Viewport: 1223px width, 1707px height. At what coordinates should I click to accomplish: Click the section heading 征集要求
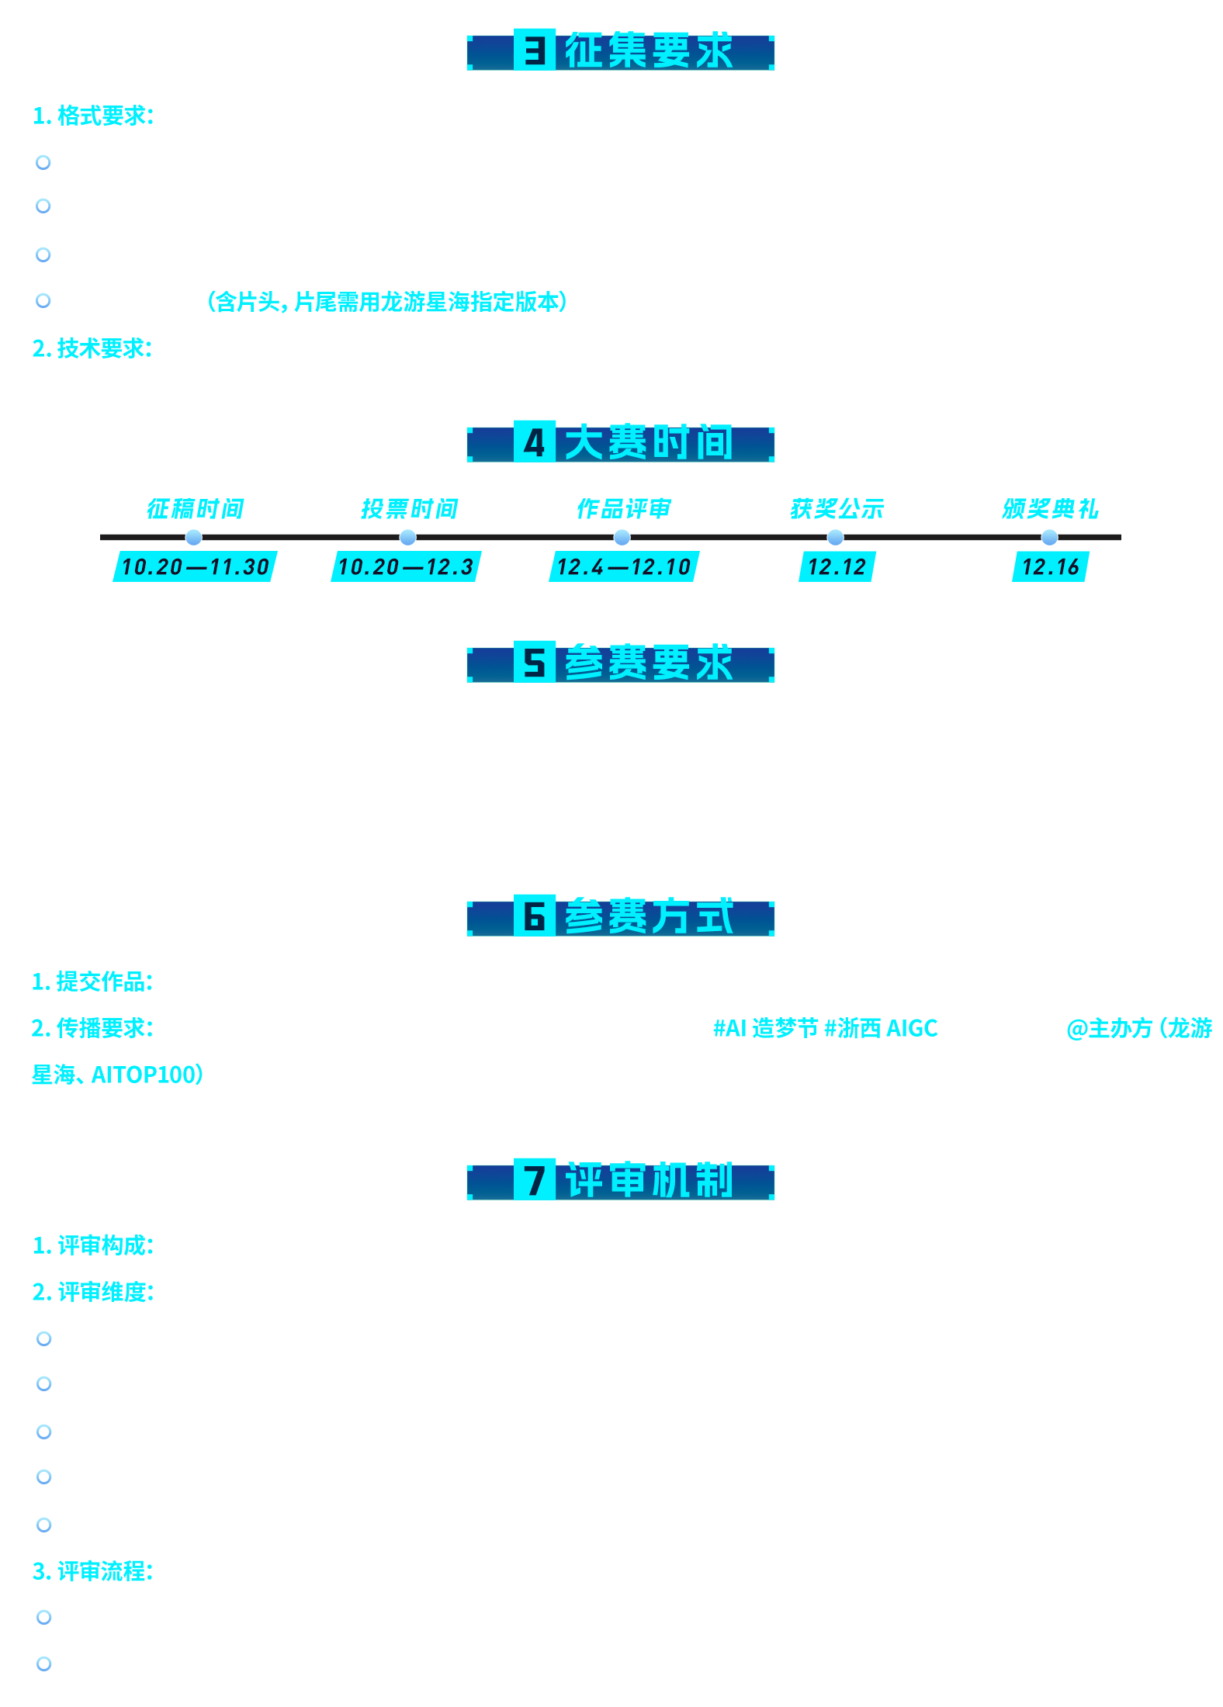point(648,51)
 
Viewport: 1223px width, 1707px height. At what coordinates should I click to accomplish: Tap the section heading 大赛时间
point(648,443)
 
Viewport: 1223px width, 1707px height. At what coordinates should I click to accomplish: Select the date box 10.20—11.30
point(195,566)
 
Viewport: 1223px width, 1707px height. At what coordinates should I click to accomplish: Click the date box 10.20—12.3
point(405,566)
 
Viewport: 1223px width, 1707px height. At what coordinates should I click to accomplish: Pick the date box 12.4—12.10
point(623,566)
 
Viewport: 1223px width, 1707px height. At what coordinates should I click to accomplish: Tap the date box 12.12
point(837,566)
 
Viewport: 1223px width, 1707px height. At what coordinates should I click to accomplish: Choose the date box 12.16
point(1050,566)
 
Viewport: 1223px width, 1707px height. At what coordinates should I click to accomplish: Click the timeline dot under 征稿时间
point(194,537)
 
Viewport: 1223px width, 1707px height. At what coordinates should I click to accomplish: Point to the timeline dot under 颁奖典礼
point(1049,537)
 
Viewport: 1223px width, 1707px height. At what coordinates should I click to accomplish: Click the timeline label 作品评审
point(623,509)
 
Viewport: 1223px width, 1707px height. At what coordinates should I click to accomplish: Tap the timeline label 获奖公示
point(837,509)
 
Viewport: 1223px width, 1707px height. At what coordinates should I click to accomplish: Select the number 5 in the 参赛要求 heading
point(534,663)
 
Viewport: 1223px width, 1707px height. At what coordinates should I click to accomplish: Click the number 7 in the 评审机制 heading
point(534,1181)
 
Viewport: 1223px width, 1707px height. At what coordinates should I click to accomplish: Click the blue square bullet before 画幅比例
point(43,254)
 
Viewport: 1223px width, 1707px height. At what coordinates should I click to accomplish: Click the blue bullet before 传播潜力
point(43,1477)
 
